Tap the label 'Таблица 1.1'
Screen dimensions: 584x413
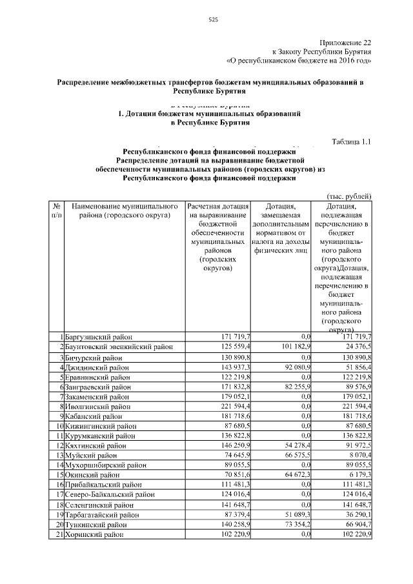352,141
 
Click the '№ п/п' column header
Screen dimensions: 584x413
55,210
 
